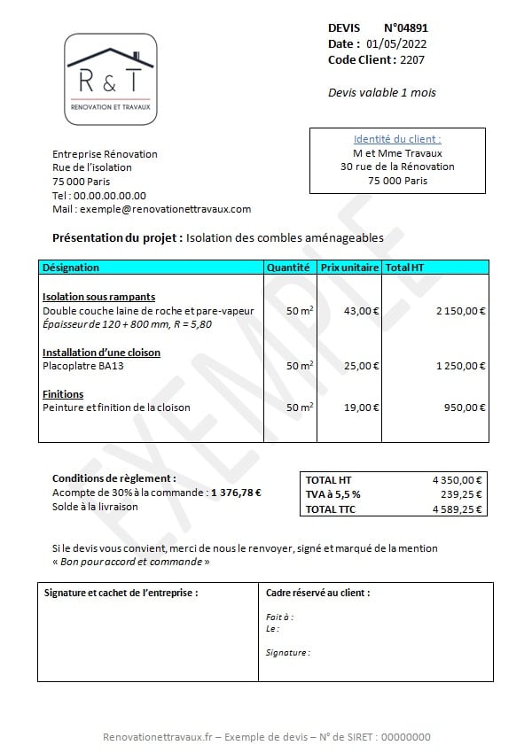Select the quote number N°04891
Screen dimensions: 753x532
(411, 28)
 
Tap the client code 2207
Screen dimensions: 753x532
(412, 59)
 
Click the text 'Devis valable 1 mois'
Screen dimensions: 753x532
(381, 92)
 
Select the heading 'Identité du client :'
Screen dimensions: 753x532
(397, 139)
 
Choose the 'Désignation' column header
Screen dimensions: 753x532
(71, 267)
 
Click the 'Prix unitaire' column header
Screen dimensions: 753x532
(349, 267)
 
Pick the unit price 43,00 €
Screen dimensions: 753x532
(361, 311)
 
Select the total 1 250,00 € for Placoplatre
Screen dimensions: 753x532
(460, 365)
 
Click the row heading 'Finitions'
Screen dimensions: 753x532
(63, 394)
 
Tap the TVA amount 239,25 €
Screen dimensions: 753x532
(462, 494)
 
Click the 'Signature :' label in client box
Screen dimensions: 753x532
(288, 653)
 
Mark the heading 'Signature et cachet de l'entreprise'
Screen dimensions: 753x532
(121, 593)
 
